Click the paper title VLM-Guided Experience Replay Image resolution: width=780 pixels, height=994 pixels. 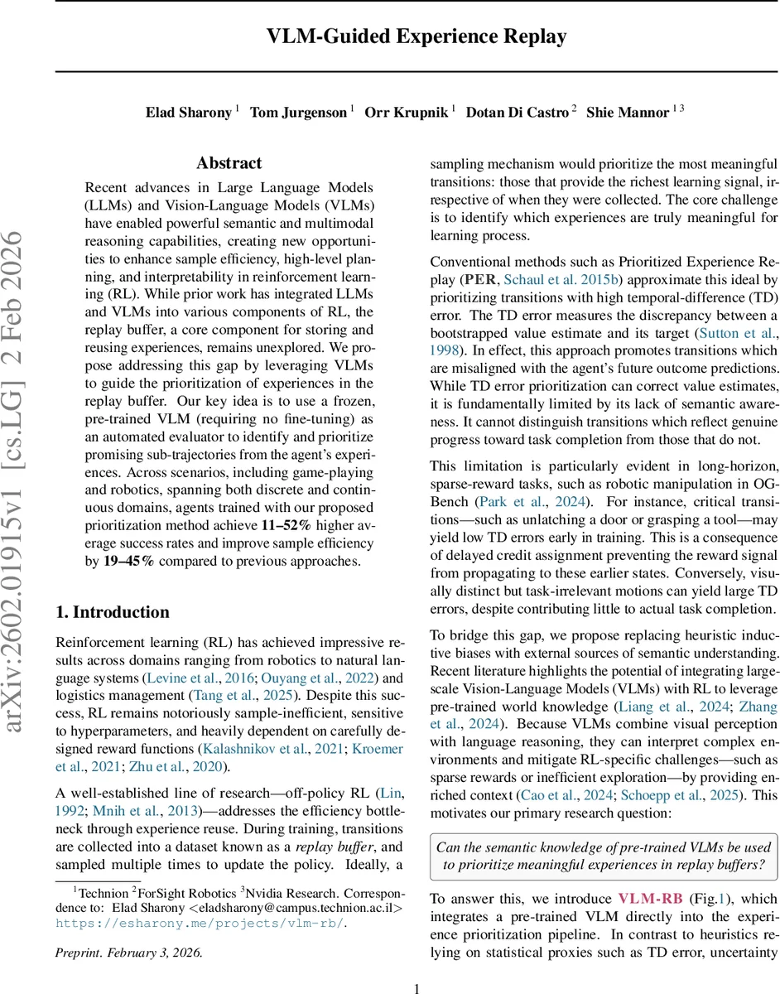pyautogui.click(x=416, y=36)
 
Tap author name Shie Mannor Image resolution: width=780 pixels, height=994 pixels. pyautogui.click(x=628, y=112)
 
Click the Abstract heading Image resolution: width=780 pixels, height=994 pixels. pyautogui.click(x=229, y=163)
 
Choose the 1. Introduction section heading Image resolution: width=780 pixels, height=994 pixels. pyautogui.click(x=112, y=612)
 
